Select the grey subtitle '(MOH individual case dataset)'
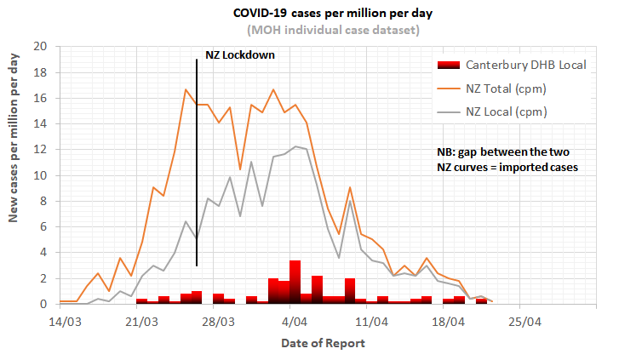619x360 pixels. coord(328,31)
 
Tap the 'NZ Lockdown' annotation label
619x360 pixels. coord(241,55)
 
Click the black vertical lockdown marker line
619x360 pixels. coord(197,170)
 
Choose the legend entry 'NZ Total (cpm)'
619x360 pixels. coord(506,88)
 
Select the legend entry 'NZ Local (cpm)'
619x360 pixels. coord(506,111)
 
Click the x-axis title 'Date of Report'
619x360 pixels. coord(324,343)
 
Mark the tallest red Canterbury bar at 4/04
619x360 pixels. coord(295,282)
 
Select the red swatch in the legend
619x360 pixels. coord(448,66)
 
